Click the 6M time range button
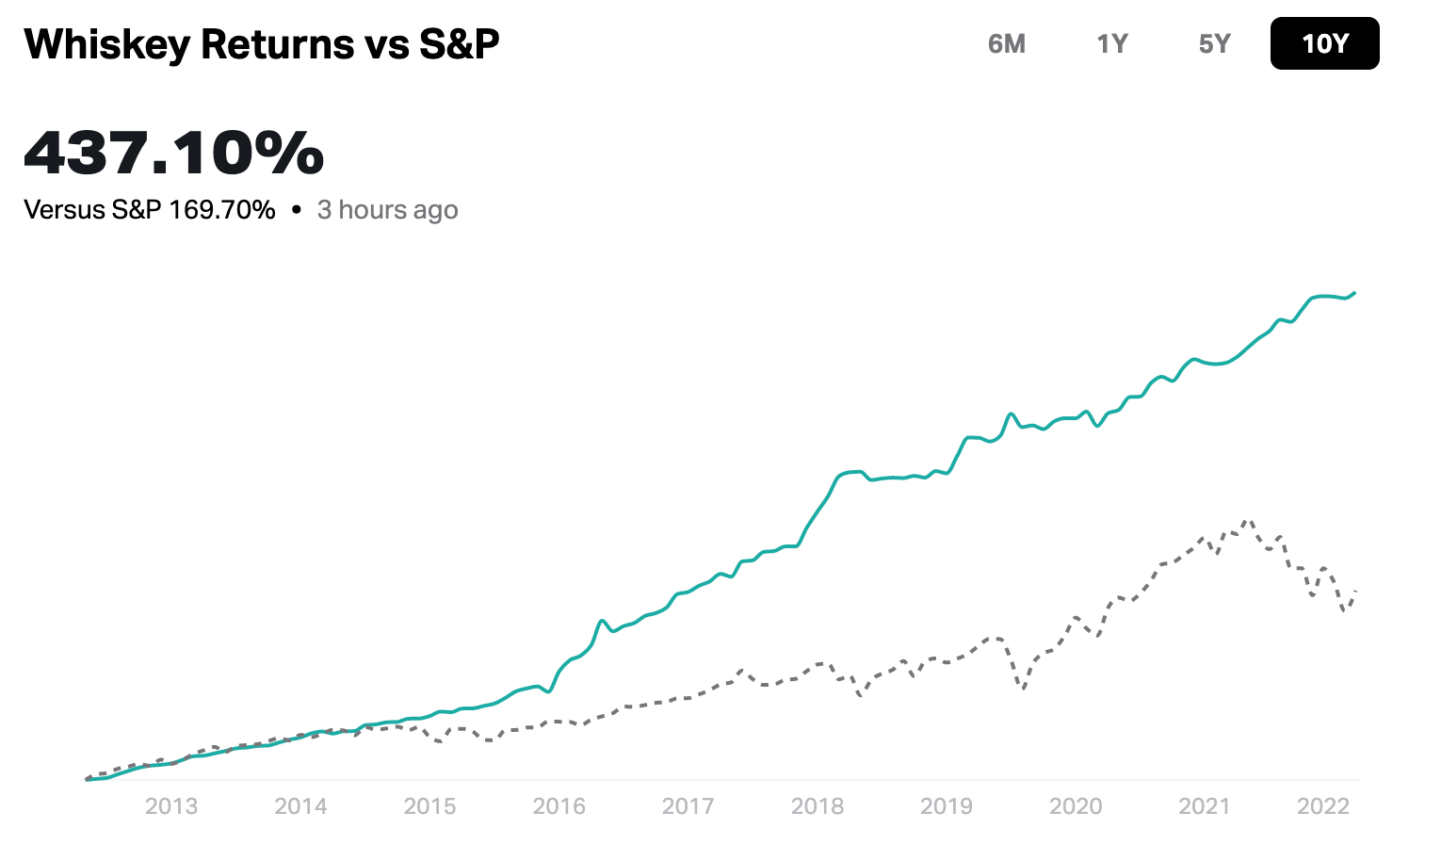click(1006, 44)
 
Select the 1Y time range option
click(1111, 44)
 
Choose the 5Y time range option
click(1214, 44)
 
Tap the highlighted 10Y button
click(1324, 44)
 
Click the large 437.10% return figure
click(174, 153)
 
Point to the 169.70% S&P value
click(222, 209)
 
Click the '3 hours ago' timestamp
click(387, 209)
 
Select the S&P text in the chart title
click(459, 44)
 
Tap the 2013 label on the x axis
click(171, 806)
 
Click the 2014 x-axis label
click(300, 806)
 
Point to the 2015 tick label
click(429, 806)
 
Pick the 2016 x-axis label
click(559, 806)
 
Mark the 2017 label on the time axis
click(688, 806)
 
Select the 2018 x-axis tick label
click(817, 806)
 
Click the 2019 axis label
click(946, 806)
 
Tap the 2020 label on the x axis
click(1075, 806)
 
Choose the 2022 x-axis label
click(1323, 806)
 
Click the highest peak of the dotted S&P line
click(1248, 520)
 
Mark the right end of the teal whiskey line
click(1354, 293)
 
